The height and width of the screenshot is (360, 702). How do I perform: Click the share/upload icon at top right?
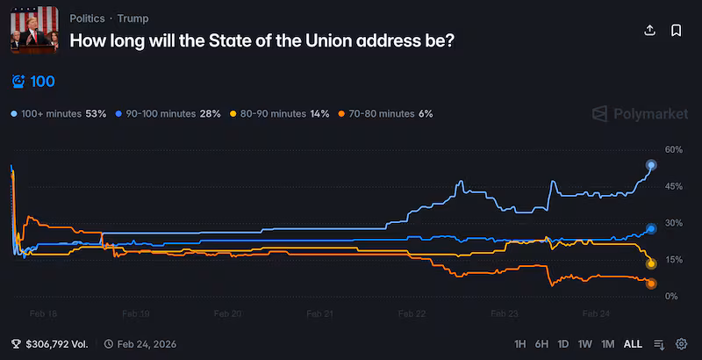pyautogui.click(x=650, y=30)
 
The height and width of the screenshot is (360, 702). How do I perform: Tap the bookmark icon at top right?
pyautogui.click(x=677, y=30)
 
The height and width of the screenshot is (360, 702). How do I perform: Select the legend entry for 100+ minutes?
pyautogui.click(x=58, y=114)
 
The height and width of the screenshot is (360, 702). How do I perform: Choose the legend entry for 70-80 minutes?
pyautogui.click(x=384, y=114)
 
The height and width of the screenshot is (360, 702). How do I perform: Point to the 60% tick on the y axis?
pyautogui.click(x=673, y=149)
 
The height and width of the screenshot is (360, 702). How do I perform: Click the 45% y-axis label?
pyautogui.click(x=673, y=186)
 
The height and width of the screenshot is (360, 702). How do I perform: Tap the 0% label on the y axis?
pyautogui.click(x=670, y=297)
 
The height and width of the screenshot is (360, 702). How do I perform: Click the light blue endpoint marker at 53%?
pyautogui.click(x=651, y=165)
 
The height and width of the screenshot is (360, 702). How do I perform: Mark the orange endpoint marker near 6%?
pyautogui.click(x=651, y=283)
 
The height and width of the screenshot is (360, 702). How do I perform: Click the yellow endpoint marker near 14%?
pyautogui.click(x=651, y=263)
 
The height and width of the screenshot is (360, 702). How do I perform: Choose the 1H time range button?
pyautogui.click(x=520, y=344)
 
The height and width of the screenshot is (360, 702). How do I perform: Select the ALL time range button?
pyautogui.click(x=632, y=344)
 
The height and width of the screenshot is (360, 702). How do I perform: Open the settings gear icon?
pyautogui.click(x=681, y=344)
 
